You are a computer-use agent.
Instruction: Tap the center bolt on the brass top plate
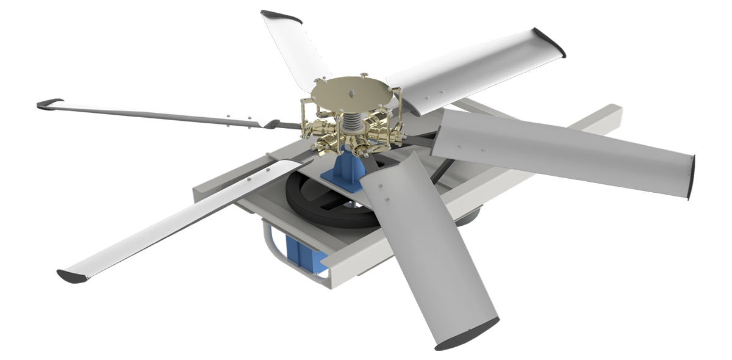click(x=352, y=93)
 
